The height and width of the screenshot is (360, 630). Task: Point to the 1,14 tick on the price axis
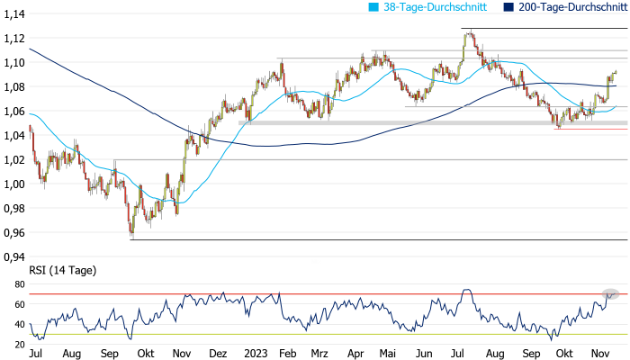[x=13, y=14]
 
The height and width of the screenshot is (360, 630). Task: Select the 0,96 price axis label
[x=13, y=233]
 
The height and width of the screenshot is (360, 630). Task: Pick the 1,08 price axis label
[x=13, y=87]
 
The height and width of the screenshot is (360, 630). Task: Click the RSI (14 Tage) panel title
[x=63, y=270]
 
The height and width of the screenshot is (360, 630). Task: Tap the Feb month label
[x=287, y=355]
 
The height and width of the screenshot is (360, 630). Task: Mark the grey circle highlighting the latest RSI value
[x=611, y=294]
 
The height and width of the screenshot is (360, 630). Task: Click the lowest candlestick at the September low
[x=131, y=233]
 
